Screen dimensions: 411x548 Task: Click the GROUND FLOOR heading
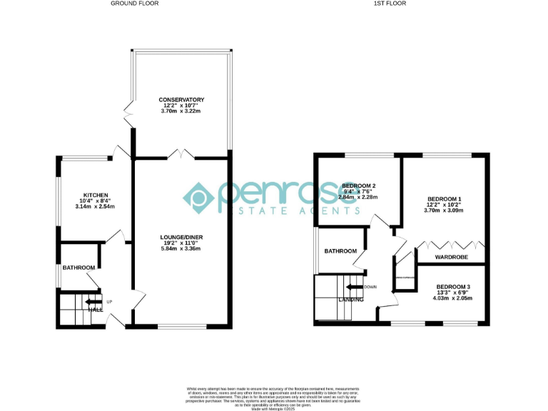coord(134,4)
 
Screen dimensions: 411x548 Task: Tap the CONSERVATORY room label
coord(181,100)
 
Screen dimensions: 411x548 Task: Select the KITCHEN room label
coord(96,195)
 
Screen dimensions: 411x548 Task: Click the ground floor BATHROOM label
coord(78,268)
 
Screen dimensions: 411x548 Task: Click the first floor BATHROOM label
coord(340,251)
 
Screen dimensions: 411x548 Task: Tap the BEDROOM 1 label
coord(444,198)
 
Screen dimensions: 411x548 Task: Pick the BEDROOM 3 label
coord(453,287)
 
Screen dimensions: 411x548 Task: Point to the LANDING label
coord(351,300)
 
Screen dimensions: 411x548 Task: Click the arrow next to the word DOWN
coord(354,287)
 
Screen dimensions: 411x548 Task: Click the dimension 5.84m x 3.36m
coord(181,248)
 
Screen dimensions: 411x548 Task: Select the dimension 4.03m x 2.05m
coord(453,298)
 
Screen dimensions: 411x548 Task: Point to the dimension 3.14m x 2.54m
coord(95,206)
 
